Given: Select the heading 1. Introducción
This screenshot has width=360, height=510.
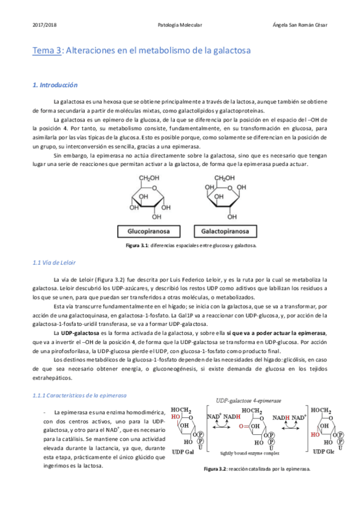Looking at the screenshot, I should [55, 85].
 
